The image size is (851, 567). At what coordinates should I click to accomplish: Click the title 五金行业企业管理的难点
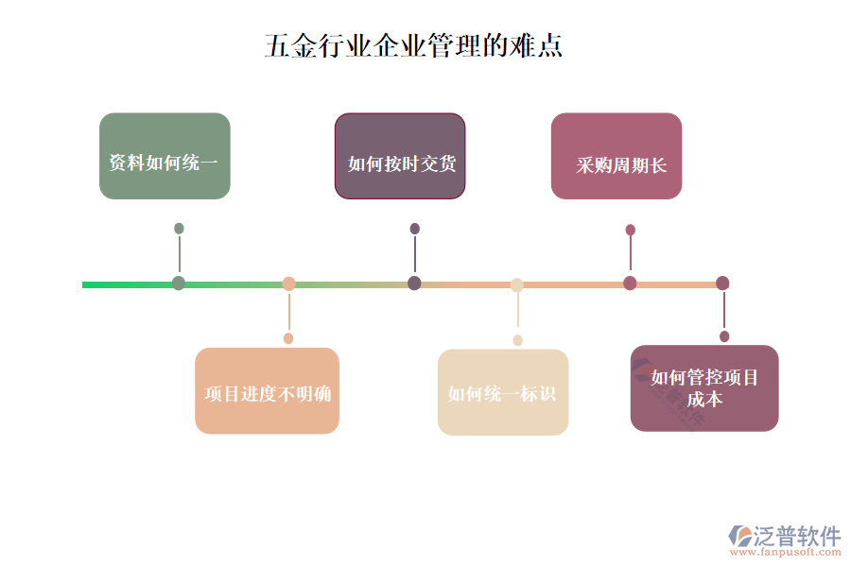coord(413,45)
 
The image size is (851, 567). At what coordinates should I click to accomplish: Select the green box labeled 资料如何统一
coord(165,156)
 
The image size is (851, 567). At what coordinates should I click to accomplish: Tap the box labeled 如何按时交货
coord(400,156)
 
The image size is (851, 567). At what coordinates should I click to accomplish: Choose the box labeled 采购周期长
coord(617,156)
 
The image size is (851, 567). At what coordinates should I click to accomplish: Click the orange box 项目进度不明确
coord(267,390)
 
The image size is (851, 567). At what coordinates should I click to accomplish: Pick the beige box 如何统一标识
coord(503,392)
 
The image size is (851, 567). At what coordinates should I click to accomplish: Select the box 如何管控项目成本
coord(704,388)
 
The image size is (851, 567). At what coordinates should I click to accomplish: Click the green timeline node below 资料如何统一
coord(179,283)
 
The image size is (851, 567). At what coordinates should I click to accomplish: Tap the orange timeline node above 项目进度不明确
coord(288,283)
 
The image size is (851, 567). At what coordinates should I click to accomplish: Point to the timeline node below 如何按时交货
coord(414,283)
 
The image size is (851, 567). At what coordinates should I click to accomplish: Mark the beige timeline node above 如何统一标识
coord(516,284)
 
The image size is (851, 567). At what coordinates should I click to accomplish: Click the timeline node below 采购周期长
coord(630,283)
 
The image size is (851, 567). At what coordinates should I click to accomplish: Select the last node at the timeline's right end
coord(722,283)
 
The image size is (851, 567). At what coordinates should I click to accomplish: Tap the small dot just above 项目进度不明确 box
coord(288,338)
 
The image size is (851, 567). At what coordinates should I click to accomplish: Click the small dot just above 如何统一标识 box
coord(518,340)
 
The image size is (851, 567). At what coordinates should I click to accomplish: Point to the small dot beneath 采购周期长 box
coord(630,230)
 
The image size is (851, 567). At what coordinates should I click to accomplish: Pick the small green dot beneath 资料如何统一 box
coord(179,229)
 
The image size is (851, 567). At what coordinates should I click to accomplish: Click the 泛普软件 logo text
coord(797,536)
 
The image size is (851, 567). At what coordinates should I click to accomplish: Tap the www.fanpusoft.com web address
coord(786,552)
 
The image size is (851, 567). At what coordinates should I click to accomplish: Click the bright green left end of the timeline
coord(83,284)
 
